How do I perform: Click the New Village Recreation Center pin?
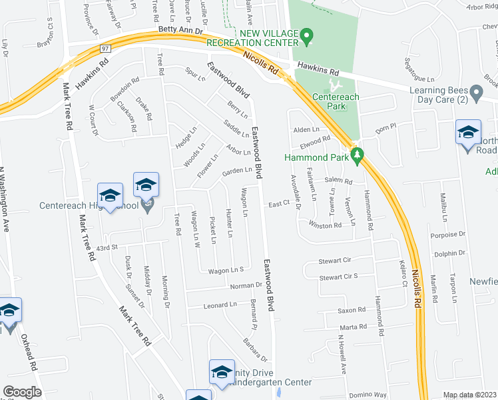[x=306, y=37]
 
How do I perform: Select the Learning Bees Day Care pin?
[x=476, y=91]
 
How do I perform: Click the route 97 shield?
[x=105, y=49]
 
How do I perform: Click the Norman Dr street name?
[x=247, y=286]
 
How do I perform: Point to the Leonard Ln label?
[x=220, y=305]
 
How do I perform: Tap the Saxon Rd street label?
[x=352, y=310]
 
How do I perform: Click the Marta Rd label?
[x=354, y=327]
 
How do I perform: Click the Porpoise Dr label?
[x=447, y=235]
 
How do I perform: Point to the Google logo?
[x=22, y=392]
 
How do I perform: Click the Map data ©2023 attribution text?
[x=469, y=395]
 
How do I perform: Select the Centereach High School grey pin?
[x=147, y=204]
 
